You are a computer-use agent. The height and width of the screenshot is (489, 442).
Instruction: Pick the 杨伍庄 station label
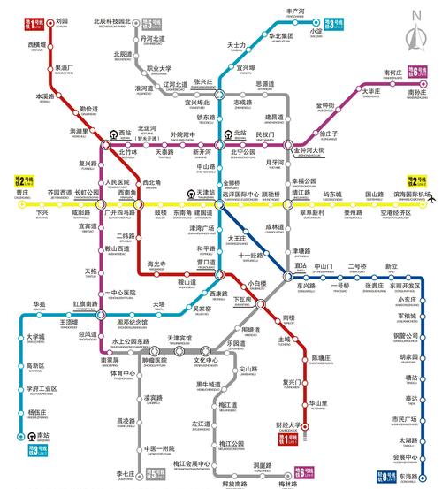36,413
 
